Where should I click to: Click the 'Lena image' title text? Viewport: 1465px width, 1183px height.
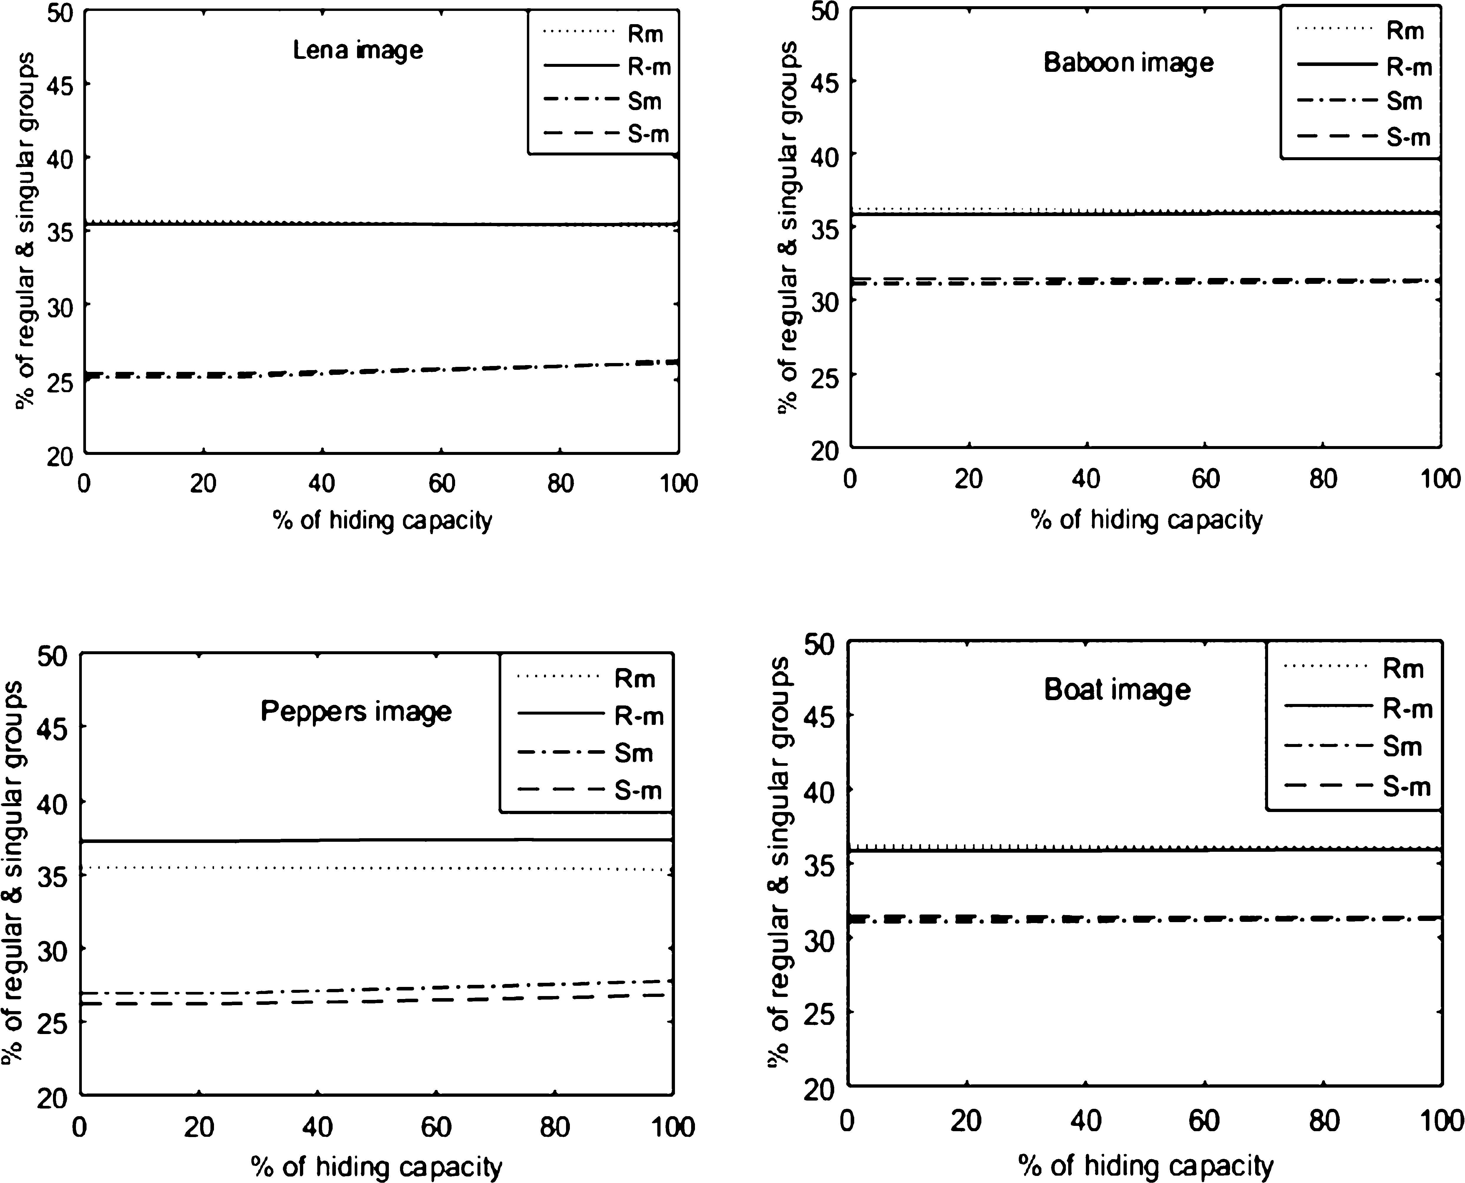coord(358,50)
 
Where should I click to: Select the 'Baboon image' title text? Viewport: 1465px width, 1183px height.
coord(1128,63)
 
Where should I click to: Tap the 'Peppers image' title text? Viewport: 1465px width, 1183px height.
coord(356,711)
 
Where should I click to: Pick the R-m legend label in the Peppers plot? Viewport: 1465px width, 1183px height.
coord(638,716)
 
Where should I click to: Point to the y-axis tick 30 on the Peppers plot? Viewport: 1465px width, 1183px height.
coord(56,949)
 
